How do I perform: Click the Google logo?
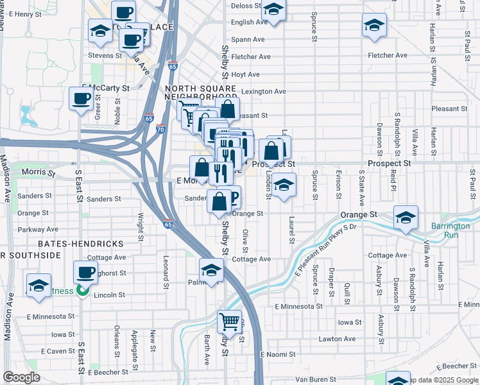coord(21,377)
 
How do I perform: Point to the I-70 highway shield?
coord(160,129)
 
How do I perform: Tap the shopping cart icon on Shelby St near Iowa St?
coord(229,321)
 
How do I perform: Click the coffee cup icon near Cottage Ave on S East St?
coord(85,272)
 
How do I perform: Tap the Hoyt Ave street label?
coord(245,74)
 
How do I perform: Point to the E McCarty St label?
coord(105,87)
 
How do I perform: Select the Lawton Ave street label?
coord(341,339)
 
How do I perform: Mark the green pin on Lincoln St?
coord(81,291)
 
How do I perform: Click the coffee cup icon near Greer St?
coord(81,99)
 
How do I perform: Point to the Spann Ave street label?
coord(248,39)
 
